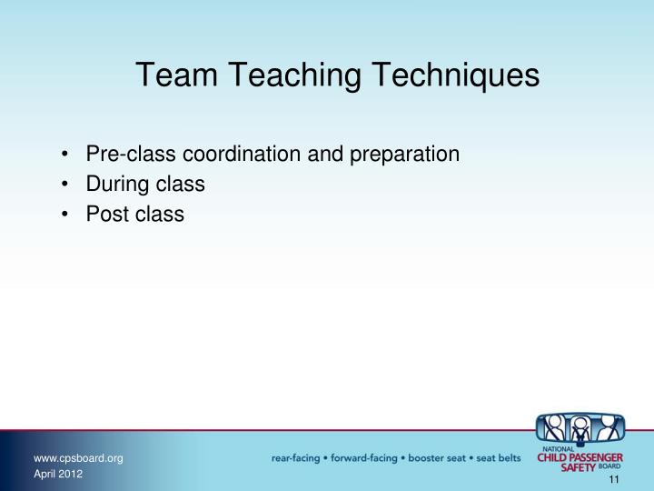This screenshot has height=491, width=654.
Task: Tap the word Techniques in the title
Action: (x=444, y=75)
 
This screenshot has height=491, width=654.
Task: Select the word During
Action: (x=114, y=185)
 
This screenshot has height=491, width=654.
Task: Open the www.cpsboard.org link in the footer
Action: (x=77, y=457)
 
